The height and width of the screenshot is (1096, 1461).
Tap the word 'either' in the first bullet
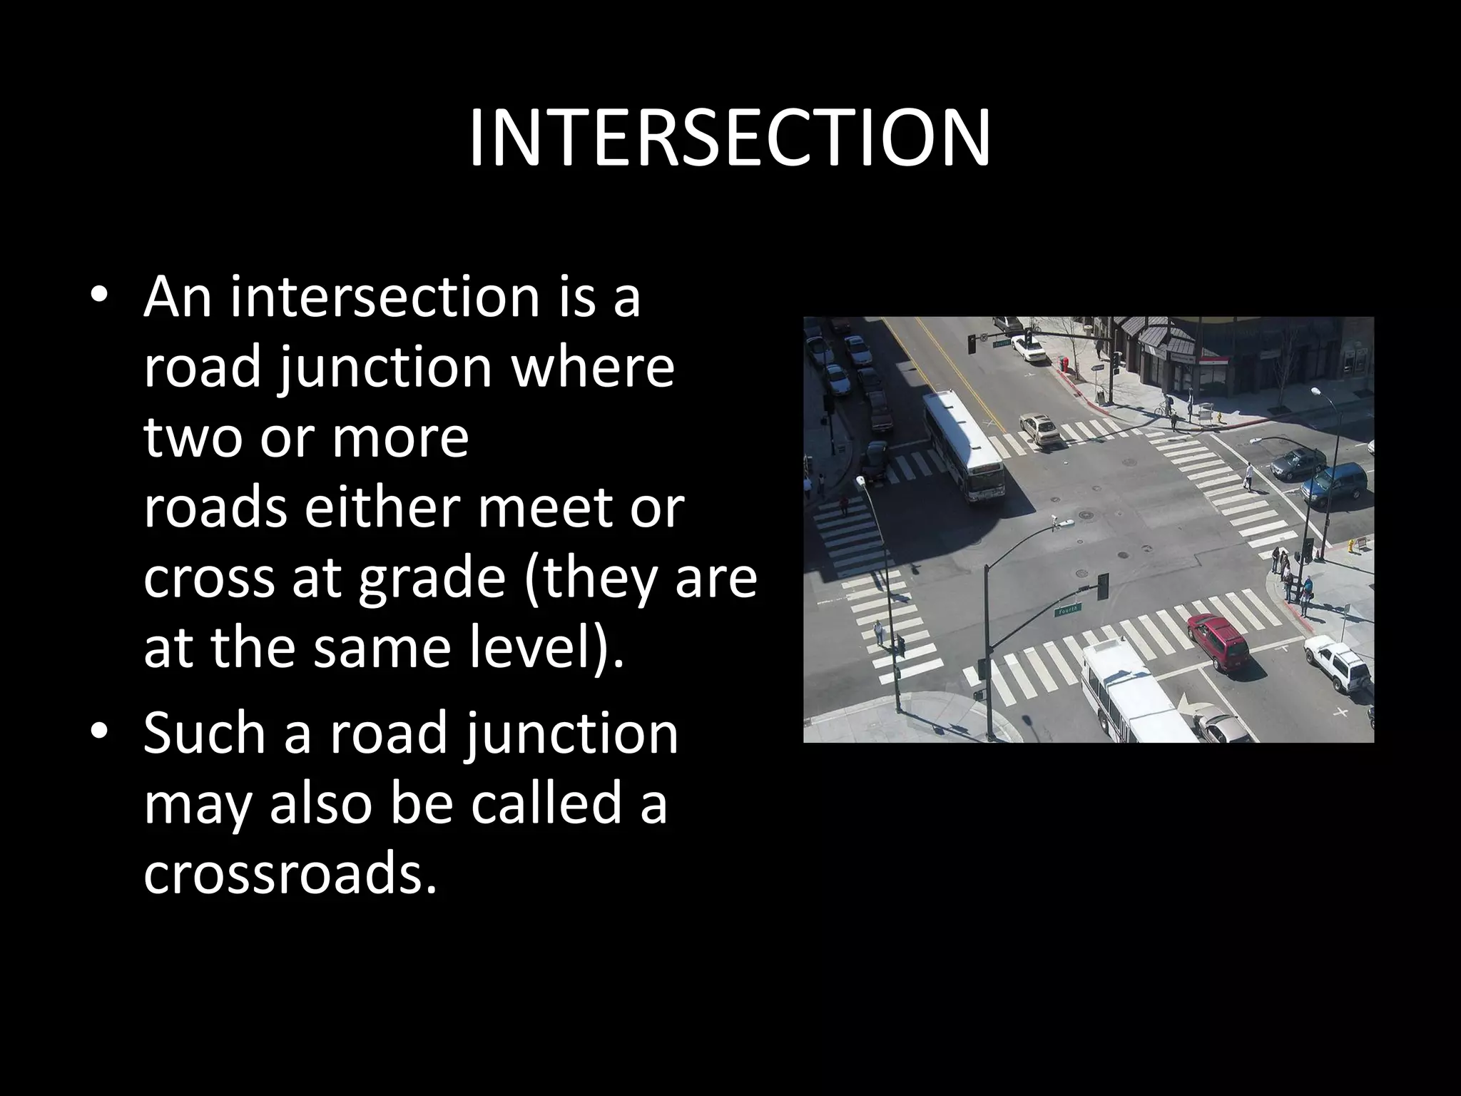[385, 508]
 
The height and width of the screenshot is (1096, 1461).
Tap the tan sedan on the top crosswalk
[1039, 428]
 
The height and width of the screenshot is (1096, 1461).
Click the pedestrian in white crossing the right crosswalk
[1248, 476]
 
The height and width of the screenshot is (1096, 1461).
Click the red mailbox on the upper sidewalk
[1065, 365]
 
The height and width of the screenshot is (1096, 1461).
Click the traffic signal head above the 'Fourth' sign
[1103, 585]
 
